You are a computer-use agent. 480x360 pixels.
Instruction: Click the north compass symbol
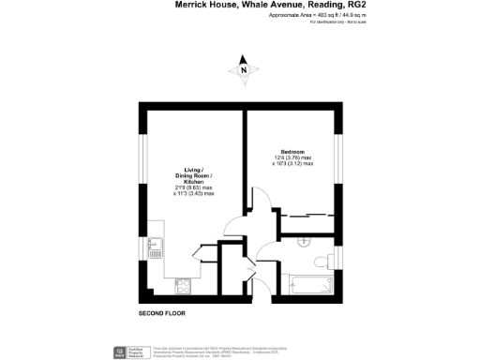(244, 68)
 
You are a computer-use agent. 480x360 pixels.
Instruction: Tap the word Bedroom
(293, 150)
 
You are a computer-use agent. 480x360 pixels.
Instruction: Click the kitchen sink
(154, 248)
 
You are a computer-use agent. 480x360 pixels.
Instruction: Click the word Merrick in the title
(191, 5)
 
